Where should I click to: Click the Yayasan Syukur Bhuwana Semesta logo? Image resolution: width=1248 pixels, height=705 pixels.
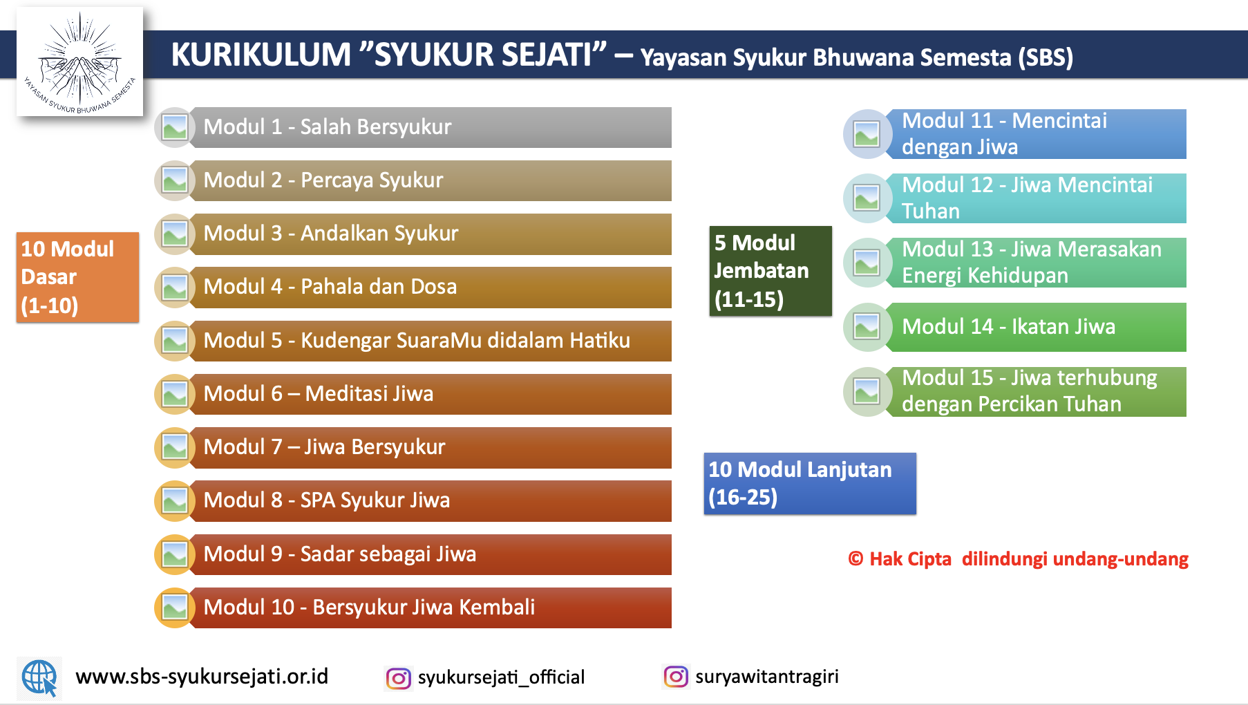(79, 62)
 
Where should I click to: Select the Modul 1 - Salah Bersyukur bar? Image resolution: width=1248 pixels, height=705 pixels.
(428, 127)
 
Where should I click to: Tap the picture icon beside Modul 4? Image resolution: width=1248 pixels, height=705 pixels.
(175, 288)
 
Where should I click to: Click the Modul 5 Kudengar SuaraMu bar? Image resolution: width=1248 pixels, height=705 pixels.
(428, 341)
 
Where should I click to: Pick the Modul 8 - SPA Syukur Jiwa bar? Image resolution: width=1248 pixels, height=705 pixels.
(428, 500)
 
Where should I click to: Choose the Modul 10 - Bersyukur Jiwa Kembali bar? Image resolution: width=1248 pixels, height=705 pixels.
(428, 608)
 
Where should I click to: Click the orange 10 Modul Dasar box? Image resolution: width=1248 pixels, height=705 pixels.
(77, 277)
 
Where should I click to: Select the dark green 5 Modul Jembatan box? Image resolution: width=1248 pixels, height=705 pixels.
(770, 271)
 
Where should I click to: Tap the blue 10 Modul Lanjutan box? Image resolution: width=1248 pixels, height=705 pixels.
(809, 483)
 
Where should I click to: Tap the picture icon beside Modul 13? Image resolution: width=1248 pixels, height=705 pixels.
(867, 263)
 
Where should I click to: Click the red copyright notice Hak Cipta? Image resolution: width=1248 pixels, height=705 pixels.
(1018, 559)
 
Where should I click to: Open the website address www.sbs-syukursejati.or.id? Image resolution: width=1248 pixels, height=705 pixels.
(202, 677)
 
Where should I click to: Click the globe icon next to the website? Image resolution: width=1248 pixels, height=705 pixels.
(39, 677)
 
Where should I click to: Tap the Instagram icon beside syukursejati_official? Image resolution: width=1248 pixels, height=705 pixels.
(398, 678)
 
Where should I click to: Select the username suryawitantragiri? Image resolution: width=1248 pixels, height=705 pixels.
(766, 677)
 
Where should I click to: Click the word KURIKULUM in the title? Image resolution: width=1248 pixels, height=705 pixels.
(261, 55)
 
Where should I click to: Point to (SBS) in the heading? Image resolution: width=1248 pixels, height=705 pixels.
(1046, 57)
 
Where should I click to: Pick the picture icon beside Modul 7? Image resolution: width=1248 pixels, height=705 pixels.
(175, 448)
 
